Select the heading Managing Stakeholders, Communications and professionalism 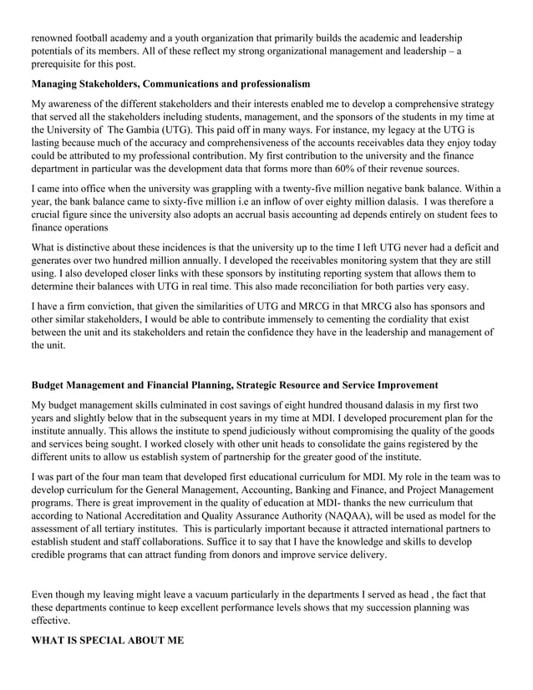170,84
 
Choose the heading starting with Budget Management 234,385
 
